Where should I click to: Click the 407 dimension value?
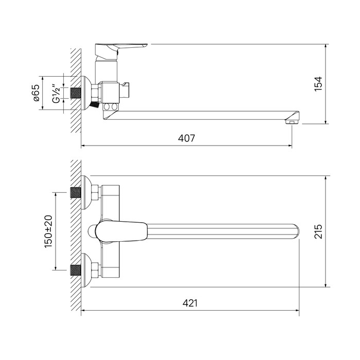pyautogui.click(x=186, y=138)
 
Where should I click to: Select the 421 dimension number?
pyautogui.click(x=190, y=303)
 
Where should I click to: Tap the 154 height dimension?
pyautogui.click(x=318, y=84)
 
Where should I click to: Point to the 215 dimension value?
pyautogui.click(x=318, y=231)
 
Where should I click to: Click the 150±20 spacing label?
pyautogui.click(x=48, y=231)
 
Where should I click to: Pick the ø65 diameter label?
pyautogui.click(x=36, y=93)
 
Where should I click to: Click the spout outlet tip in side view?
pyautogui.click(x=292, y=121)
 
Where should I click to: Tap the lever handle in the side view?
pyautogui.click(x=121, y=47)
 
